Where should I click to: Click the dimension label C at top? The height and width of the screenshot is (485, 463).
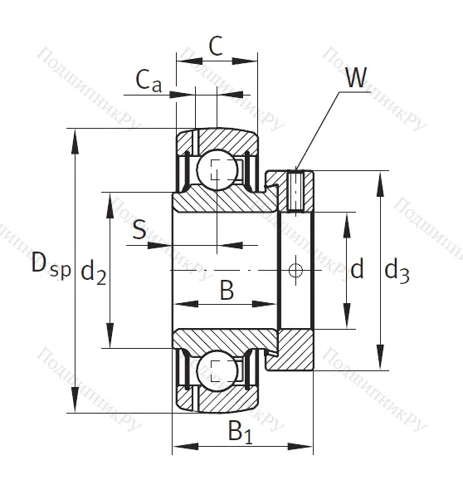[215, 47]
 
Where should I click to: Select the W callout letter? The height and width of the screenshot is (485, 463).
[356, 79]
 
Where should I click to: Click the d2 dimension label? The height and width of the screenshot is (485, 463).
[94, 272]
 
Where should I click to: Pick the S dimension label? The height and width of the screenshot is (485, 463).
[140, 230]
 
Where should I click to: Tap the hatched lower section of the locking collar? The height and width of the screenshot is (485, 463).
[296, 350]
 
